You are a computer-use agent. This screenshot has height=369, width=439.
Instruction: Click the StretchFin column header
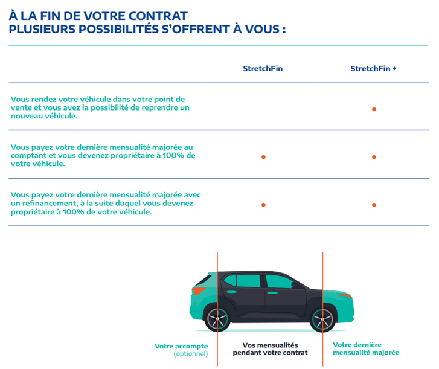coord(263,69)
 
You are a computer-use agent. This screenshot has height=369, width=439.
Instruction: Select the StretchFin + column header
coord(373,69)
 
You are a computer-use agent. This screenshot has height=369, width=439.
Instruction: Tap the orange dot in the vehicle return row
coord(374,109)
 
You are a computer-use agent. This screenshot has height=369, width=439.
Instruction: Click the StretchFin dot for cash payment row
coord(263,157)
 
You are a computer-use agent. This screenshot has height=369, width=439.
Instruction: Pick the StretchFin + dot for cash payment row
coord(374,157)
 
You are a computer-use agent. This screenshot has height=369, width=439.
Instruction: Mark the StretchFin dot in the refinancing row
coord(263,205)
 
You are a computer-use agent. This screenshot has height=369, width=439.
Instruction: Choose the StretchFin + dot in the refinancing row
coord(374,205)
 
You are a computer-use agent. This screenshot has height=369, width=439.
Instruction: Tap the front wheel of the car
coord(216,316)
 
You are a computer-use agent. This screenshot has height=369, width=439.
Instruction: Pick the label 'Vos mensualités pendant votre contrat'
coord(270,348)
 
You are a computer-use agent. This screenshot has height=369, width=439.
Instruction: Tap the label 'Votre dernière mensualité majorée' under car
coord(366,348)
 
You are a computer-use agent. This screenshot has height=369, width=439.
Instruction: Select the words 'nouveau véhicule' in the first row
coord(44,117)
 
